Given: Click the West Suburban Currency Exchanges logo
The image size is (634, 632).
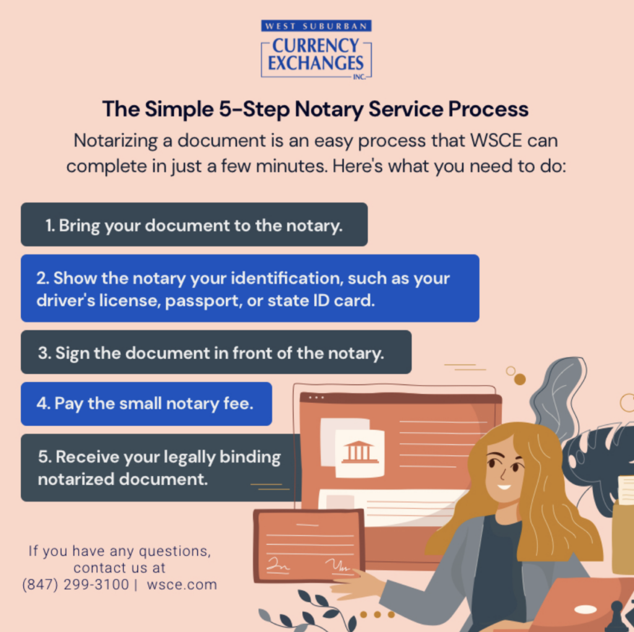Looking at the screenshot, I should pyautogui.click(x=316, y=50).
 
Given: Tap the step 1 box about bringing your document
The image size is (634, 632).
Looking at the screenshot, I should pyautogui.click(x=194, y=225).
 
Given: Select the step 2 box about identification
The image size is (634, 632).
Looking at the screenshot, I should pyautogui.click(x=250, y=288).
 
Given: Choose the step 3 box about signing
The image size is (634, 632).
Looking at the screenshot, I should pyautogui.click(x=215, y=352).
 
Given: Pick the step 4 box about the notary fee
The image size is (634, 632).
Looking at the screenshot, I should pyautogui.click(x=146, y=404).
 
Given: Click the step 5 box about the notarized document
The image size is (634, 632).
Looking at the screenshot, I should pyautogui.click(x=159, y=467).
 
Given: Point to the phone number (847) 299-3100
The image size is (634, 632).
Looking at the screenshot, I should pyautogui.click(x=76, y=584).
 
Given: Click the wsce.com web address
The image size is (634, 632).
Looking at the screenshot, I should pyautogui.click(x=182, y=584).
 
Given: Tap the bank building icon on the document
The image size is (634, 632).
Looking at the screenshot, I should pyautogui.click(x=360, y=452).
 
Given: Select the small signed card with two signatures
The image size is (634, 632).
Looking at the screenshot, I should pyautogui.click(x=308, y=545).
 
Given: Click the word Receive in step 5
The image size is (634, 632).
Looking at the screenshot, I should pyautogui.click(x=85, y=457).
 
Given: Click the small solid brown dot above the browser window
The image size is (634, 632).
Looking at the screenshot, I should pyautogui.click(x=520, y=379).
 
